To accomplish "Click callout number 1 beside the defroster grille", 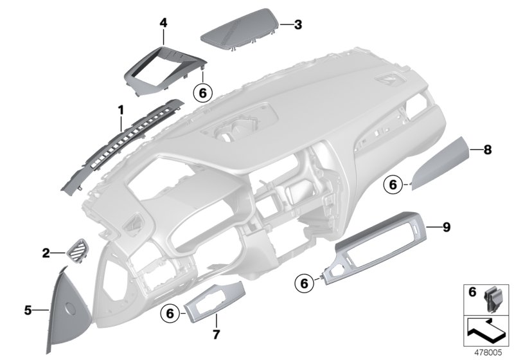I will (x=120, y=111).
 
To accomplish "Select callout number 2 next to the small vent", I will (x=46, y=253).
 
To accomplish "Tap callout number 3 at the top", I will (x=297, y=25).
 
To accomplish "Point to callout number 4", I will (x=163, y=22).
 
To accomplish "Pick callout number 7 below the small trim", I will (x=217, y=335).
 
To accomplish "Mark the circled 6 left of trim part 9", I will (x=305, y=282).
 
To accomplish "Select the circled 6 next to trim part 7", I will (x=170, y=313).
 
